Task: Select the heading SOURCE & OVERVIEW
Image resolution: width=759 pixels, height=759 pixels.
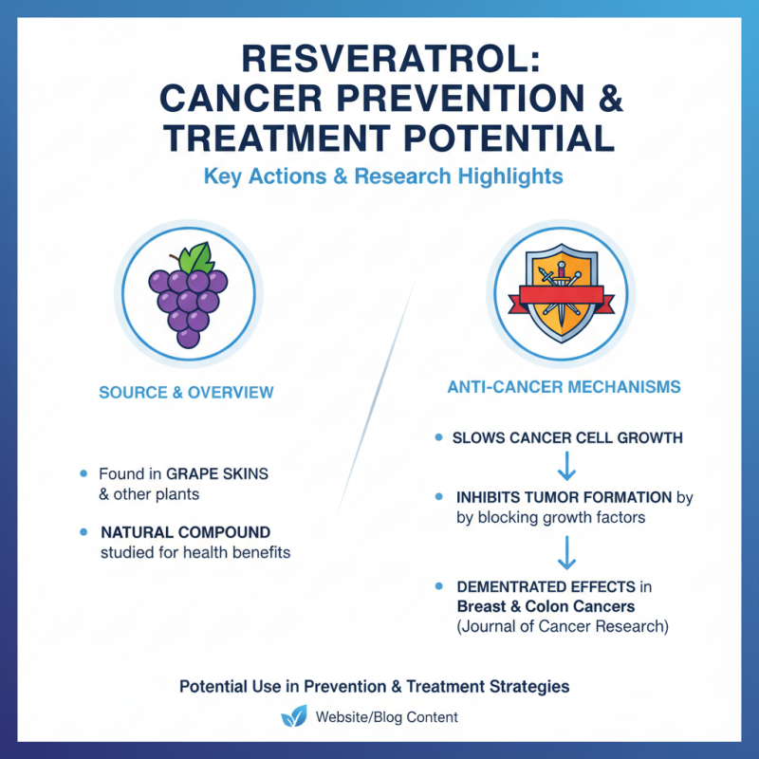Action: click(x=186, y=392)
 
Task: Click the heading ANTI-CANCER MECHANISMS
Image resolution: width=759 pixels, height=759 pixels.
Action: click(x=565, y=388)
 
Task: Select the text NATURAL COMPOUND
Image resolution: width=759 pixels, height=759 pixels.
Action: click(x=185, y=532)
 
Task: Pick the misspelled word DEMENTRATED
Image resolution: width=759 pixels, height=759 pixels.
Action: click(x=511, y=586)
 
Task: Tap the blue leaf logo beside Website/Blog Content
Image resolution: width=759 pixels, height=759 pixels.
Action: click(x=294, y=716)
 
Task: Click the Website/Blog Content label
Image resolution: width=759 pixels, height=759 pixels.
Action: click(x=386, y=717)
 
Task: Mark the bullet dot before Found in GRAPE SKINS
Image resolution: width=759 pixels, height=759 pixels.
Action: click(x=84, y=472)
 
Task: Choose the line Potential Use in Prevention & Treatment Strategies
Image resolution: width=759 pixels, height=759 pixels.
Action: click(x=375, y=685)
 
